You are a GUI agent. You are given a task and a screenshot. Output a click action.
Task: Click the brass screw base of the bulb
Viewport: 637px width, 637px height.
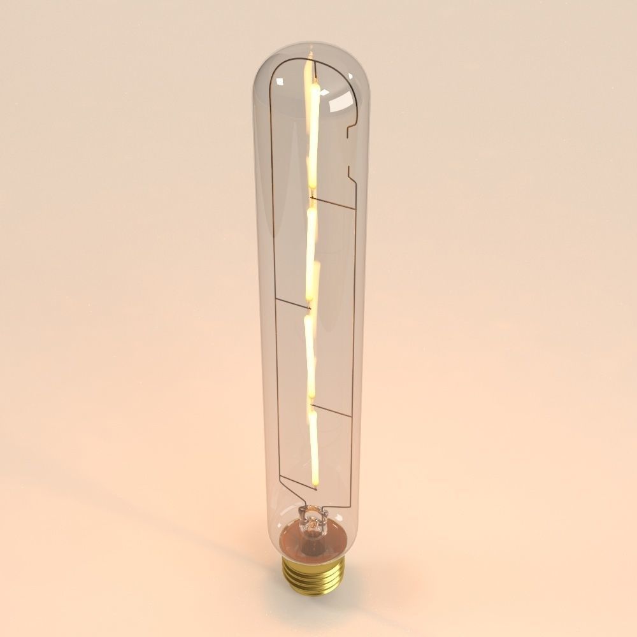pyautogui.click(x=313, y=575)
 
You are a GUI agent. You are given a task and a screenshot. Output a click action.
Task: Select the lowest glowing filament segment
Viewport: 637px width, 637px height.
pyautogui.click(x=313, y=446)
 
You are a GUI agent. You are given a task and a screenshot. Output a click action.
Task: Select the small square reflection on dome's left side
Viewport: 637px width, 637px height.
pyautogui.click(x=280, y=81)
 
